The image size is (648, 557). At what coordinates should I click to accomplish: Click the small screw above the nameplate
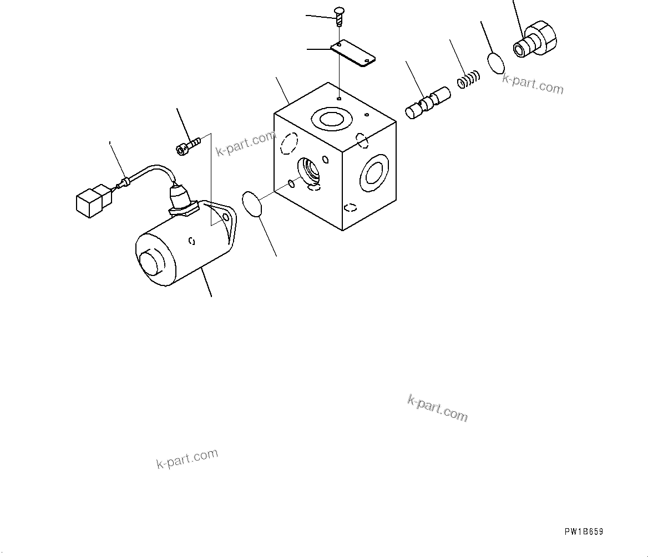pos(338,16)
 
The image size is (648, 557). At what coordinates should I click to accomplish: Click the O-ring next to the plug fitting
pos(497,62)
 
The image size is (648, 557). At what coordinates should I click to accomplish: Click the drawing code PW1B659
pos(584,532)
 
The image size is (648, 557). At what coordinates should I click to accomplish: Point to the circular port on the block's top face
pos(331,118)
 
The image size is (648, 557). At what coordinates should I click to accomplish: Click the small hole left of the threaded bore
pos(291,184)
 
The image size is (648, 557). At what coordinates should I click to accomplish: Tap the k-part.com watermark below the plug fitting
pos(533,84)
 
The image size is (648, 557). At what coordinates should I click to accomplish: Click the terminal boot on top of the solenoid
pos(181,198)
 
